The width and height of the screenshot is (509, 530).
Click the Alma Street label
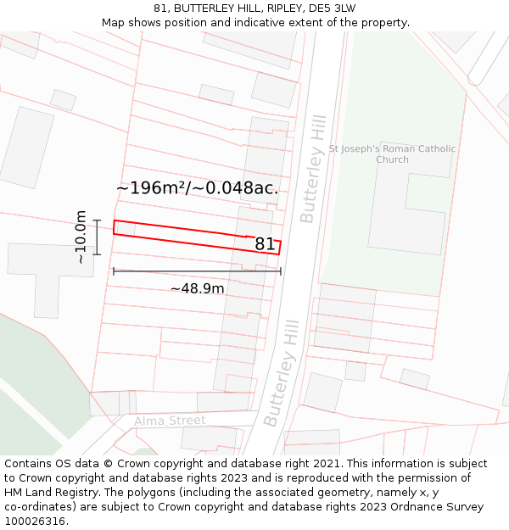pos(170,421)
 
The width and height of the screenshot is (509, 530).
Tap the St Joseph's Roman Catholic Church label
pos(392,154)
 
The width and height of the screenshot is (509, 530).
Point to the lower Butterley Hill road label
pos(282,373)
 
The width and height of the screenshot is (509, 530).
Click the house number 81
pos(265,244)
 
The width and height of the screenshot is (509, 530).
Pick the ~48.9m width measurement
pos(197,288)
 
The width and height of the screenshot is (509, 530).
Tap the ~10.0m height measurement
pos(81,237)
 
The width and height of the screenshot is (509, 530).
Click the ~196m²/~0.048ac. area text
pos(197,188)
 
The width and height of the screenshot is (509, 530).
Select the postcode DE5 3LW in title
pos(333,8)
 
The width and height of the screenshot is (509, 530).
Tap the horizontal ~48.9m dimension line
pos(197,271)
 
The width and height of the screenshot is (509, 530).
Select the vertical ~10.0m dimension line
pos(98,237)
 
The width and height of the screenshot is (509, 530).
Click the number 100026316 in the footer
pos(36,521)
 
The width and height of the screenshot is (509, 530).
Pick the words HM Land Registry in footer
pos(51,492)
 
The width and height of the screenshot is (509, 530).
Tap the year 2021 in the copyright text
pos(327,464)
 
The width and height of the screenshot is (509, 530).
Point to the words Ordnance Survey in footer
pos(442,506)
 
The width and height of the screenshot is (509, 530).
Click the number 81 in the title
pos(160,8)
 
